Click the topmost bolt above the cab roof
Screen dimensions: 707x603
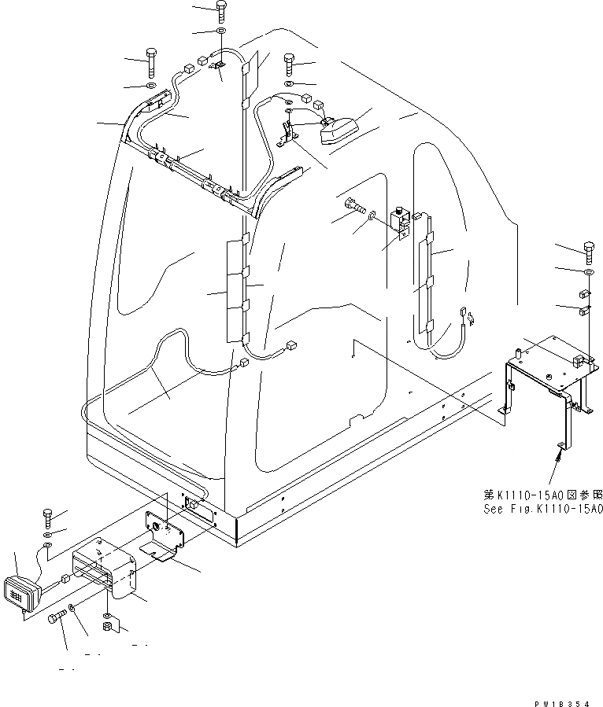click(220, 13)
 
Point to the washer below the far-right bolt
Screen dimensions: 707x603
click(588, 272)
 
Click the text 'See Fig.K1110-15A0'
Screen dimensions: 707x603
click(542, 509)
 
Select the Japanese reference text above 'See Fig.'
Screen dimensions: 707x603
click(543, 495)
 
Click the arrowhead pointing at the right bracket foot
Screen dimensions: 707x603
click(560, 447)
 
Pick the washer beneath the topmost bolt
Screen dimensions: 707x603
click(220, 32)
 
